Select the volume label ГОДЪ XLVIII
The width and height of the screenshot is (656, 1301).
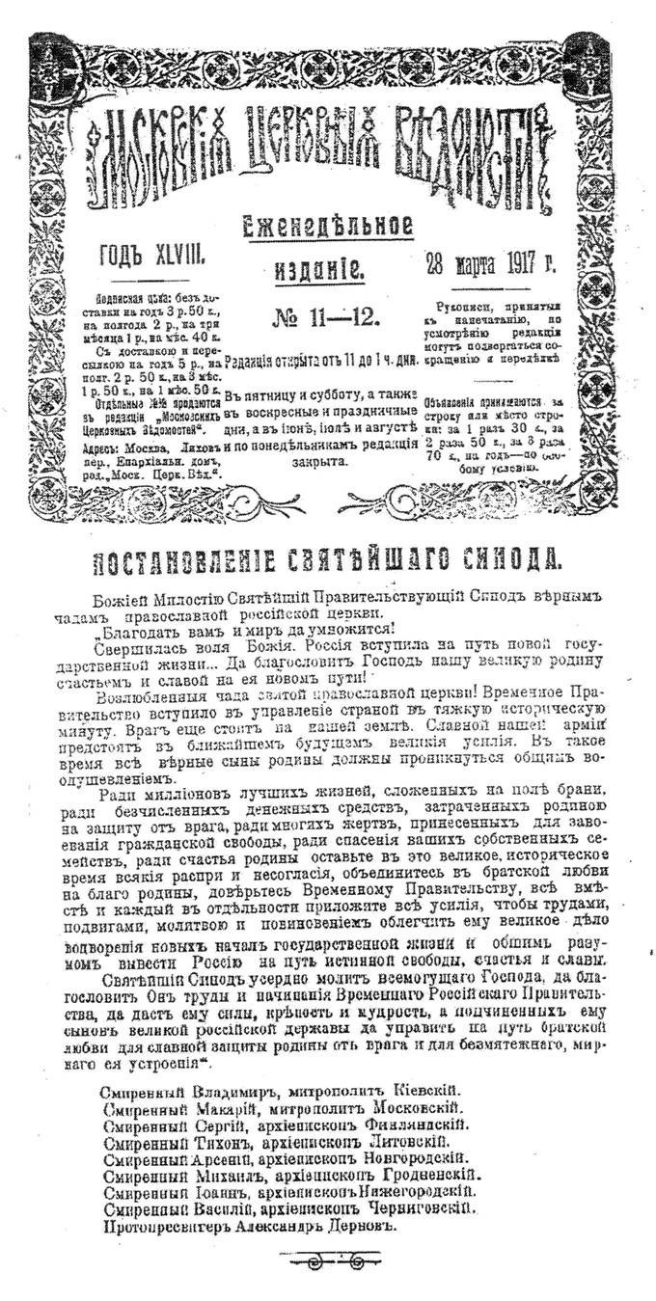click(x=149, y=257)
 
